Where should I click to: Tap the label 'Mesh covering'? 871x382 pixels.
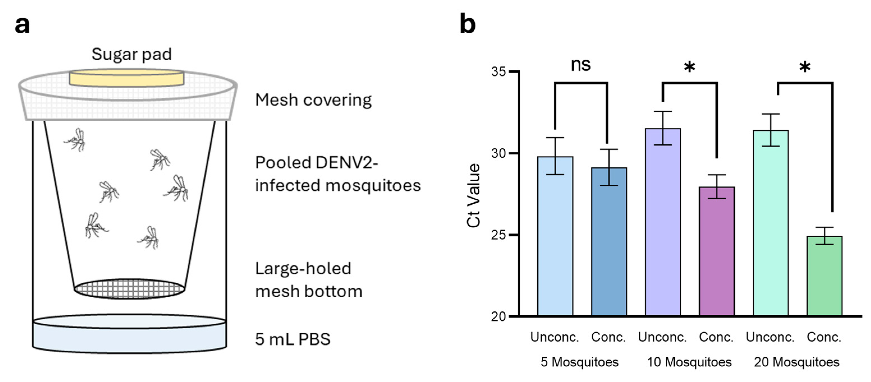(x=313, y=100)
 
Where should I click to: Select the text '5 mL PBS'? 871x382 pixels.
(x=293, y=339)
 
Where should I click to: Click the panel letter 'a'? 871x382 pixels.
(x=22, y=25)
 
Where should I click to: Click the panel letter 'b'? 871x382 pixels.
(x=468, y=24)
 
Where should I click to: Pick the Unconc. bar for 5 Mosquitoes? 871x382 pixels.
(x=555, y=237)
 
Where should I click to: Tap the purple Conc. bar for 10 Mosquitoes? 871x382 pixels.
(x=717, y=252)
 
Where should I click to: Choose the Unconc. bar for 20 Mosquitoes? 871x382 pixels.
(x=771, y=223)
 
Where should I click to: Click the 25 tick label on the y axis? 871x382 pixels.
(x=499, y=235)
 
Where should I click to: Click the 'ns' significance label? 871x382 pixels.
(x=581, y=64)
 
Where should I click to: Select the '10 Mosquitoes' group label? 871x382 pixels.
(x=689, y=362)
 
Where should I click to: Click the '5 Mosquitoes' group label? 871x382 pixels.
(x=580, y=362)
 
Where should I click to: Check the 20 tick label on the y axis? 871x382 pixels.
(x=499, y=317)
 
